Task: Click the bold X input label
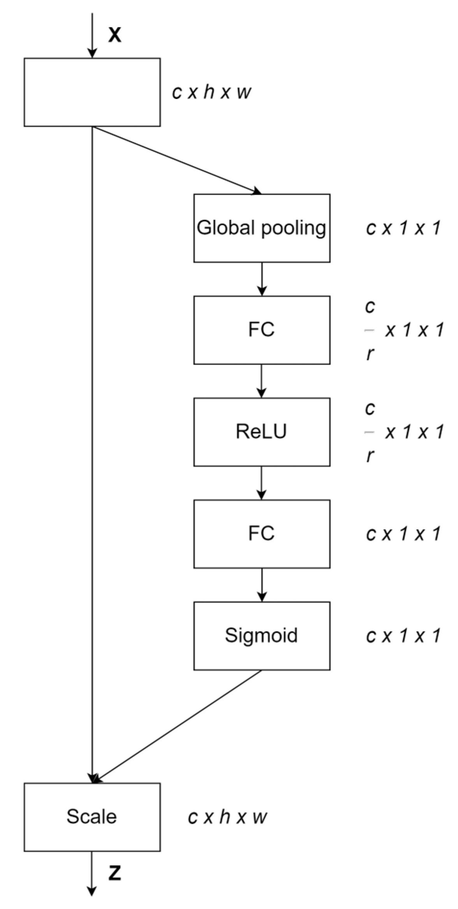pyautogui.click(x=114, y=35)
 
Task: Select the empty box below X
pyautogui.click(x=92, y=92)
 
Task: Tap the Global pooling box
pyautogui.click(x=262, y=228)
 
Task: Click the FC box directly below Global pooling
pyautogui.click(x=262, y=330)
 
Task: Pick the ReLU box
pyautogui.click(x=262, y=432)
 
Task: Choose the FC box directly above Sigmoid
pyautogui.click(x=262, y=533)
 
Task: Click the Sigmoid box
pyautogui.click(x=262, y=635)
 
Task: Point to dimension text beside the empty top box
pyautogui.click(x=211, y=93)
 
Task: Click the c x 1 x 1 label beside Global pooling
pyautogui.click(x=403, y=228)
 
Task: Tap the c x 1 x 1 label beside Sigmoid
pyautogui.click(x=403, y=635)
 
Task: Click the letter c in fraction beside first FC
pyautogui.click(x=370, y=307)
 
